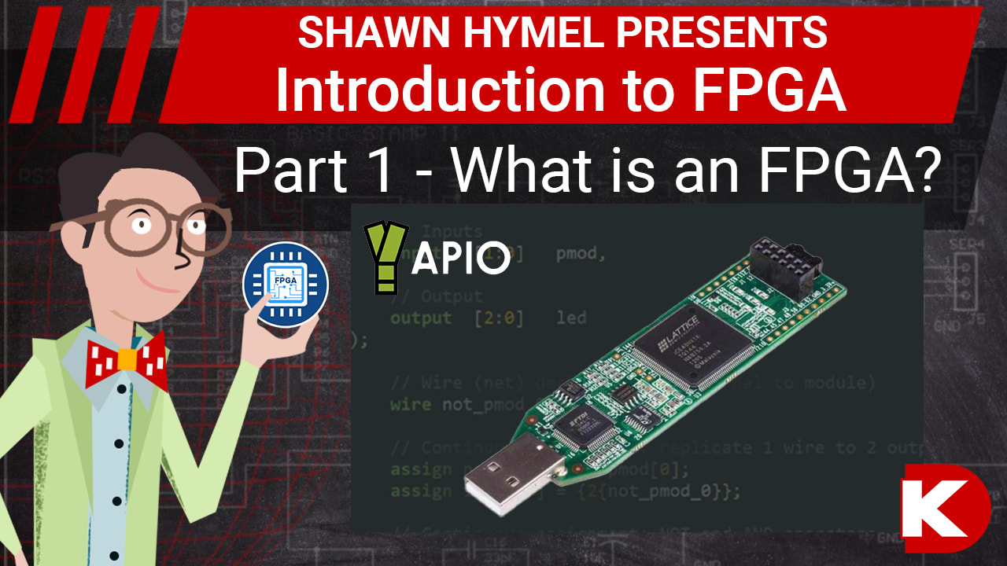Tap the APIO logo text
click(461, 259)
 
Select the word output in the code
click(421, 318)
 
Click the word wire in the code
click(411, 405)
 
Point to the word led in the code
click(572, 318)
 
